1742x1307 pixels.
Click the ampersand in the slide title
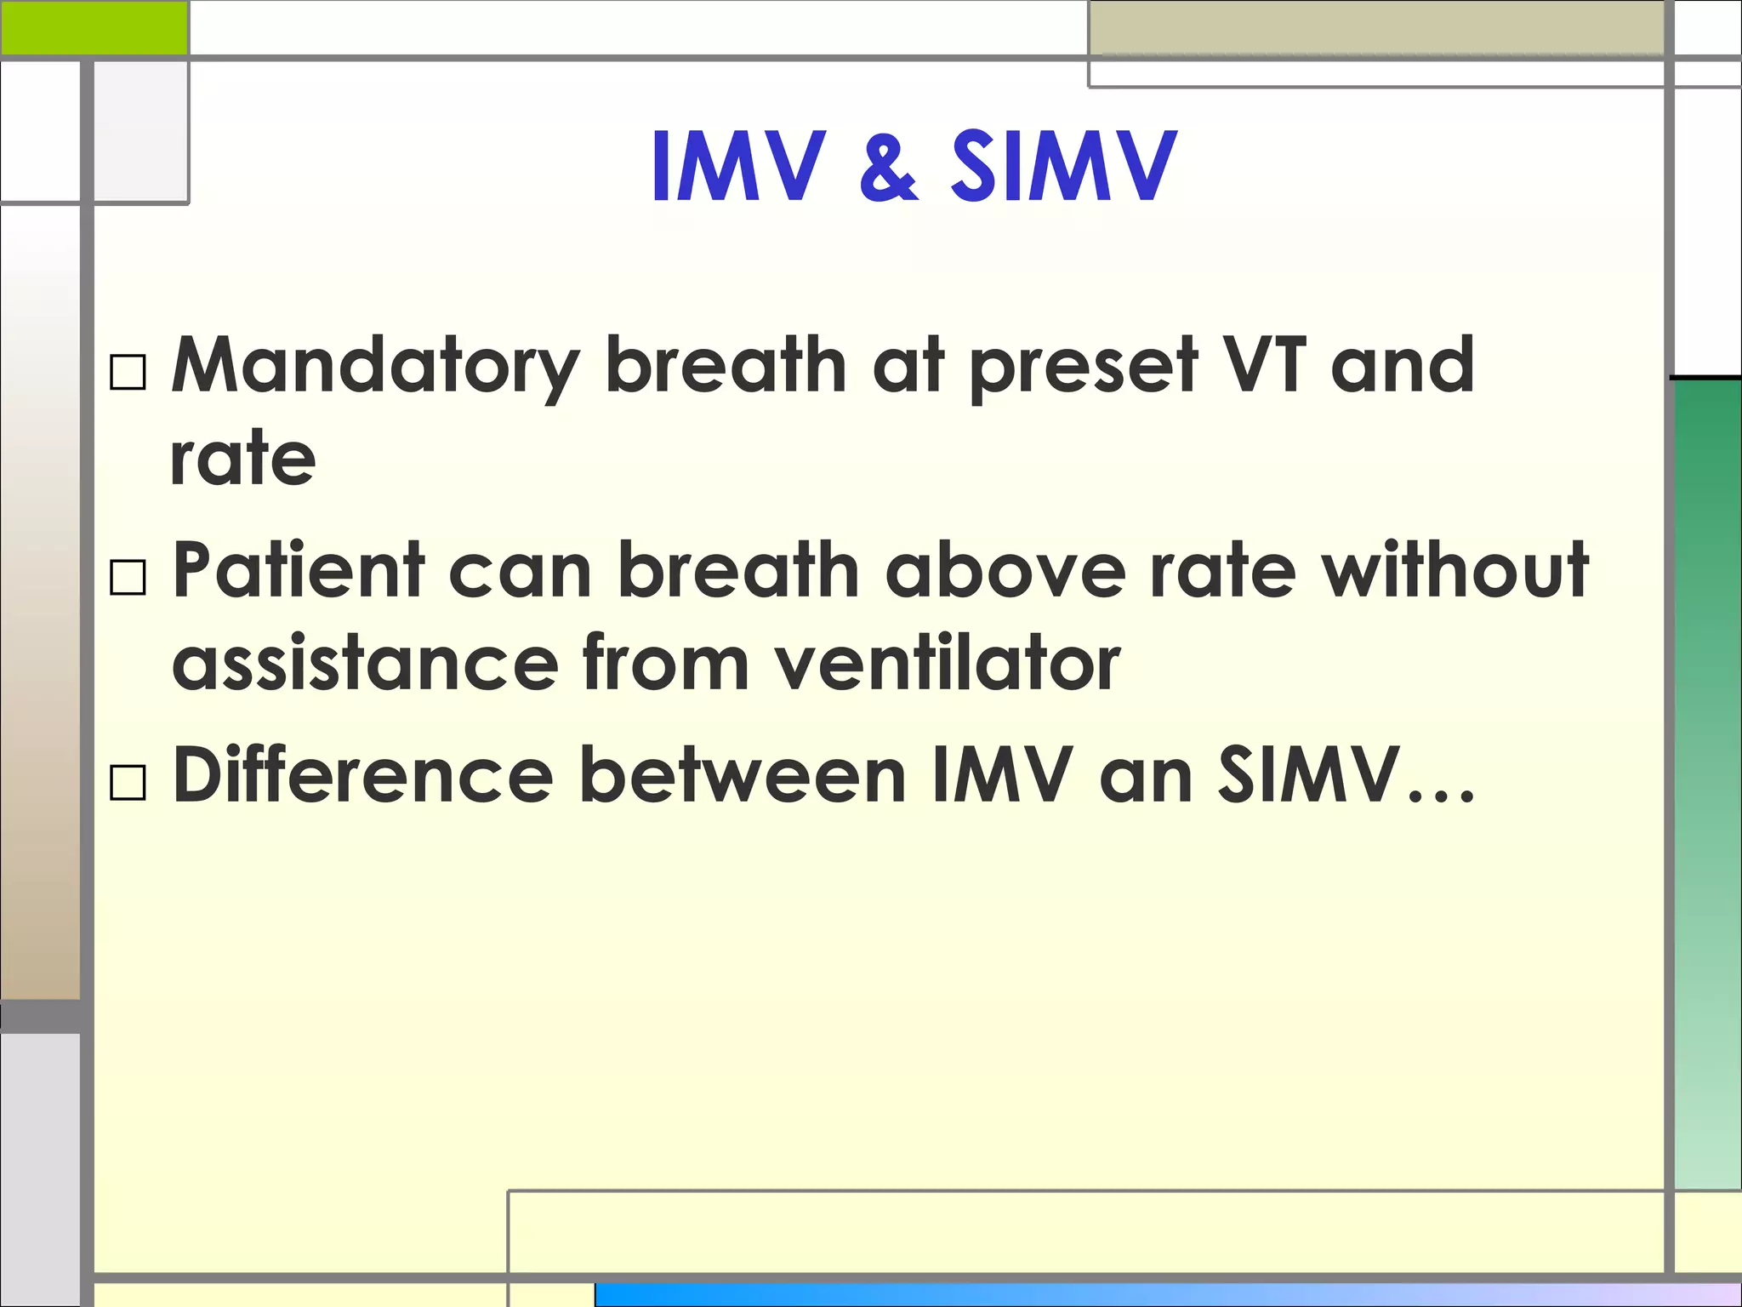click(x=888, y=168)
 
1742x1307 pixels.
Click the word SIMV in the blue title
click(x=1064, y=168)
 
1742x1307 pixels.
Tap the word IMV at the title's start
click(x=738, y=168)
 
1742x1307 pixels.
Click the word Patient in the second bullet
click(x=299, y=569)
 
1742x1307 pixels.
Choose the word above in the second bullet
click(x=1005, y=569)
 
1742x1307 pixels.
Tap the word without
click(x=1454, y=569)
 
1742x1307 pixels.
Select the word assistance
click(x=366, y=663)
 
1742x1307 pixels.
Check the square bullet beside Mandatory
click(x=128, y=372)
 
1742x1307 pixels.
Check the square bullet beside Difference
click(x=128, y=781)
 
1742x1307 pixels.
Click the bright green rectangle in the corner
click(x=94, y=27)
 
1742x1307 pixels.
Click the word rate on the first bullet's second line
click(x=243, y=459)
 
